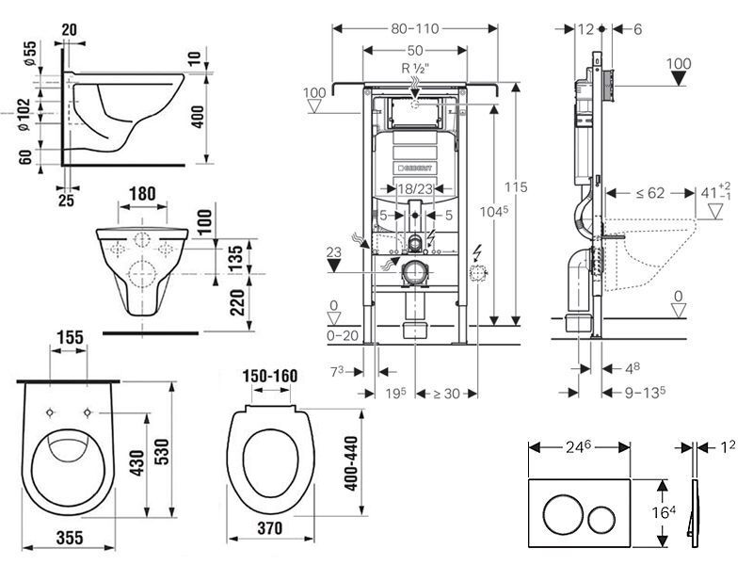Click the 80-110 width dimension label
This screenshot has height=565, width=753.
pos(415,29)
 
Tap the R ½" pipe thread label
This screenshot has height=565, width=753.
pos(415,68)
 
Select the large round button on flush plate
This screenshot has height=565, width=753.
pos(563,514)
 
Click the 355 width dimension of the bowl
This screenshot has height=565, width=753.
pos(70,538)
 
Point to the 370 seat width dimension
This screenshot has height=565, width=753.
pos(270,528)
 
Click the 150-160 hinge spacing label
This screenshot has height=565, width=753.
pos(270,376)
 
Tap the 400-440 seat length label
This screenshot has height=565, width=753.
pos(351,463)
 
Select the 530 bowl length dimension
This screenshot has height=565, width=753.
pos(162,452)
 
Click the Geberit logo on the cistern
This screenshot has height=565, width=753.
pos(415,169)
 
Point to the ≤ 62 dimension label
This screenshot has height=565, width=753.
pos(650,193)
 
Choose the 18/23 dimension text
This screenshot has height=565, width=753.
pos(415,189)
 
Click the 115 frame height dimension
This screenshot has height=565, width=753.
pos(516,186)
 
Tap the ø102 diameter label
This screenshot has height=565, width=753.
pos(24,114)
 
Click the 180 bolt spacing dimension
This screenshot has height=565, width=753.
pos(143,194)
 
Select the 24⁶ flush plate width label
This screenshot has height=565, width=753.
pos(578,447)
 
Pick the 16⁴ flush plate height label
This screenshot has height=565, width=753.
pos(664,512)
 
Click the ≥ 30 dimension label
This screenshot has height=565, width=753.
pos(445,394)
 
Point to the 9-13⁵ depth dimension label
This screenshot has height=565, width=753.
pos(645,393)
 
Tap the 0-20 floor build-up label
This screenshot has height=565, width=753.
pos(343,336)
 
